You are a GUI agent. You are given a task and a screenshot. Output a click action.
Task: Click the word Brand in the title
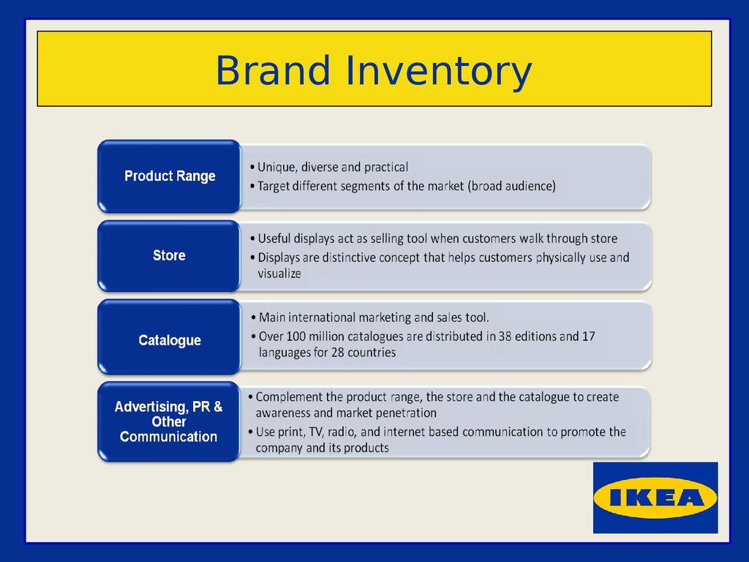click(x=273, y=70)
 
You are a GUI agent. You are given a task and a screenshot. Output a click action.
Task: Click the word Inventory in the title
click(x=438, y=72)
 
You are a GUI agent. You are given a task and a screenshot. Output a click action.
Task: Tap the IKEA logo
click(x=655, y=498)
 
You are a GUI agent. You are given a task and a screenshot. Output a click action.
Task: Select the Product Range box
click(x=169, y=176)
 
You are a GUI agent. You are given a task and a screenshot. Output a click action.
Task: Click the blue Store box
click(x=169, y=255)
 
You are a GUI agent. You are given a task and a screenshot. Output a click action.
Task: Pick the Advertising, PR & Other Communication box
click(x=169, y=421)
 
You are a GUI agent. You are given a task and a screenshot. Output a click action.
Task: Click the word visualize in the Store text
click(x=279, y=274)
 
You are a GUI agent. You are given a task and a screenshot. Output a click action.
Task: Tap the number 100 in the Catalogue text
click(x=296, y=337)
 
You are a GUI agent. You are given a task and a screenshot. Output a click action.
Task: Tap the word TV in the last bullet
click(x=316, y=432)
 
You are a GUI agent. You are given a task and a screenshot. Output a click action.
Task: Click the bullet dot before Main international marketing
click(x=253, y=318)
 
